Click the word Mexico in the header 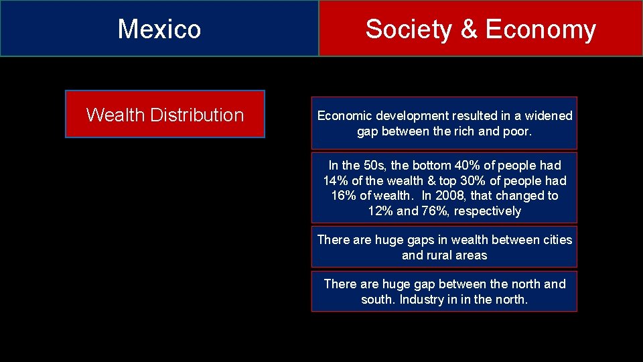pos(159,29)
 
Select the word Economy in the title pos(541,29)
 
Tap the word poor pos(515,131)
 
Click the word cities pos(557,239)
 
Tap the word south pos(377,300)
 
